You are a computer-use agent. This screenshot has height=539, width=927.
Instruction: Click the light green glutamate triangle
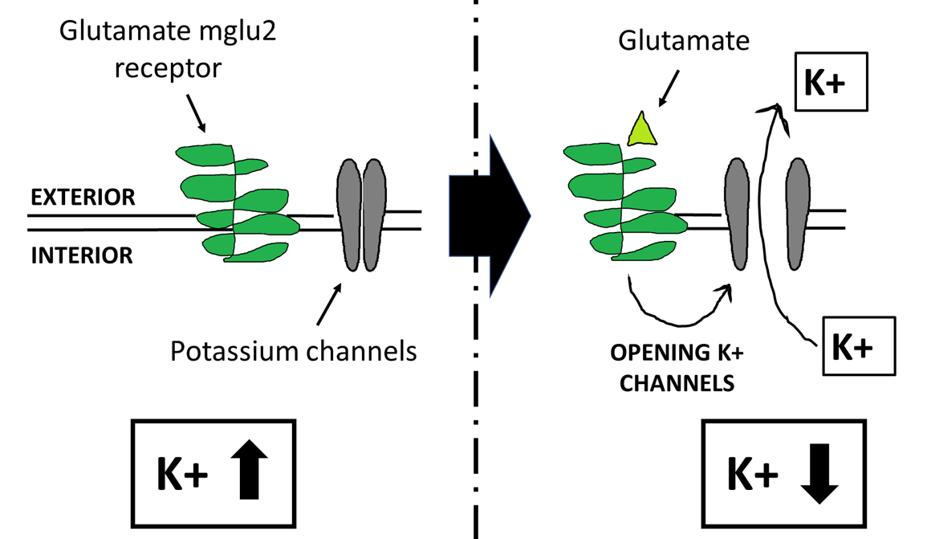click(x=642, y=131)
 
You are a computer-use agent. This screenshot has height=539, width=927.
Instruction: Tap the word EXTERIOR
click(x=83, y=198)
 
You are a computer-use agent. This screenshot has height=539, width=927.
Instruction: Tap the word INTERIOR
click(x=81, y=255)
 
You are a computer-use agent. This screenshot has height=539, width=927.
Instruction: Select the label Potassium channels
click(x=294, y=350)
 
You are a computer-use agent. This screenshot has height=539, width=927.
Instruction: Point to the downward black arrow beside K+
click(x=819, y=473)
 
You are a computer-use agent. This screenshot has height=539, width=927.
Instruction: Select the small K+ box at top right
click(x=828, y=84)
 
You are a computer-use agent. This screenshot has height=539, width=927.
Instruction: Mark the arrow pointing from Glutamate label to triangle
click(x=668, y=88)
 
